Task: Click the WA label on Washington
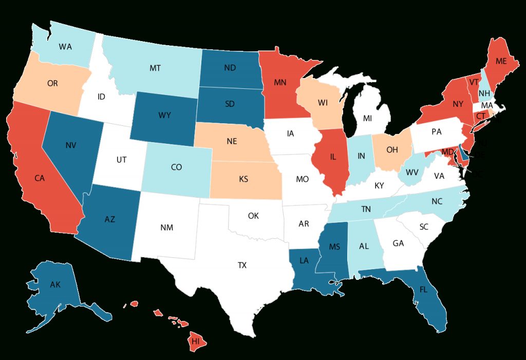pos(65,47)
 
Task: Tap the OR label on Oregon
pos(52,83)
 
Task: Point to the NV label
pos(71,145)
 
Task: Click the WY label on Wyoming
pos(165,115)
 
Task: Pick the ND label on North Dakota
pos(230,67)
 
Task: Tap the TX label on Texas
pos(242,266)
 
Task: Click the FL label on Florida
pos(423,289)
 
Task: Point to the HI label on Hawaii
pos(195,340)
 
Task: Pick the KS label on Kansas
pos(245,180)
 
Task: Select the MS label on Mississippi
pos(334,247)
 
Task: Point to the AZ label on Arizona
pos(109,219)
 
